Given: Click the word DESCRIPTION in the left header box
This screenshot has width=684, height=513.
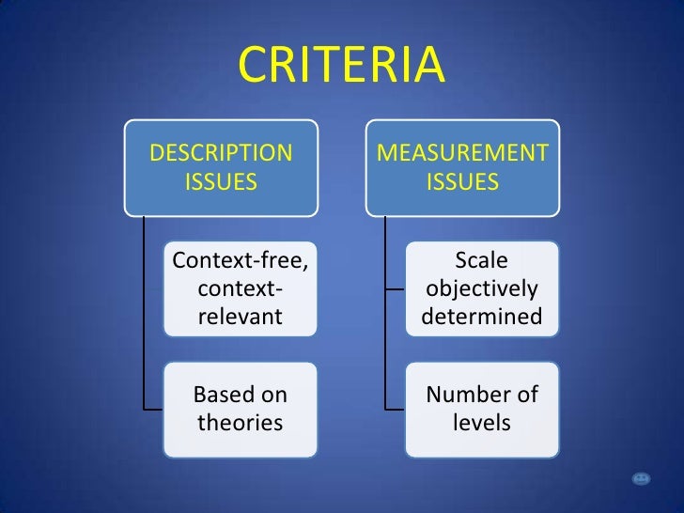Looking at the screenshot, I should (x=222, y=152).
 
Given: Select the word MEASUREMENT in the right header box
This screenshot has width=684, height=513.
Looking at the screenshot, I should (x=463, y=152).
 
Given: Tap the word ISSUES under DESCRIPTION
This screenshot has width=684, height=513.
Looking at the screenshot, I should (x=222, y=181).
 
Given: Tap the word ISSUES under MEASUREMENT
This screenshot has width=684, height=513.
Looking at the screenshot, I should (x=463, y=181).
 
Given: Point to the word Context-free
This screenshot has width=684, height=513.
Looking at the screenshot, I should (x=241, y=259).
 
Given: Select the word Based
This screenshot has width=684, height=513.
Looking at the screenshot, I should (x=220, y=394).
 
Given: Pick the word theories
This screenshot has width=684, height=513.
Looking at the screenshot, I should (x=241, y=423).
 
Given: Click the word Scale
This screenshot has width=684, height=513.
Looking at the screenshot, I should (x=482, y=259).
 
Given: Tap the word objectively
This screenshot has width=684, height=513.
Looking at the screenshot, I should (x=482, y=288).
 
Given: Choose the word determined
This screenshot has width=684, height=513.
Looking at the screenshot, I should (x=482, y=317).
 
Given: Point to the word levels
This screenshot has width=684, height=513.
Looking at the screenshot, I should (x=482, y=423).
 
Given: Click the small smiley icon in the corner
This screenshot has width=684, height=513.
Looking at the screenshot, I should (x=642, y=479).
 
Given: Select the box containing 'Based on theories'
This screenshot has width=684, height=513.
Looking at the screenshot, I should (x=241, y=408).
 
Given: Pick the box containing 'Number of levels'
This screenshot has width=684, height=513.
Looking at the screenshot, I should (x=482, y=408).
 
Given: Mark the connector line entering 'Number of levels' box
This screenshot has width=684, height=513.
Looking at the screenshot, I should (x=395, y=409).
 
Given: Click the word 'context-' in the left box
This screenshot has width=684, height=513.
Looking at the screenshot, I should (x=241, y=288).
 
